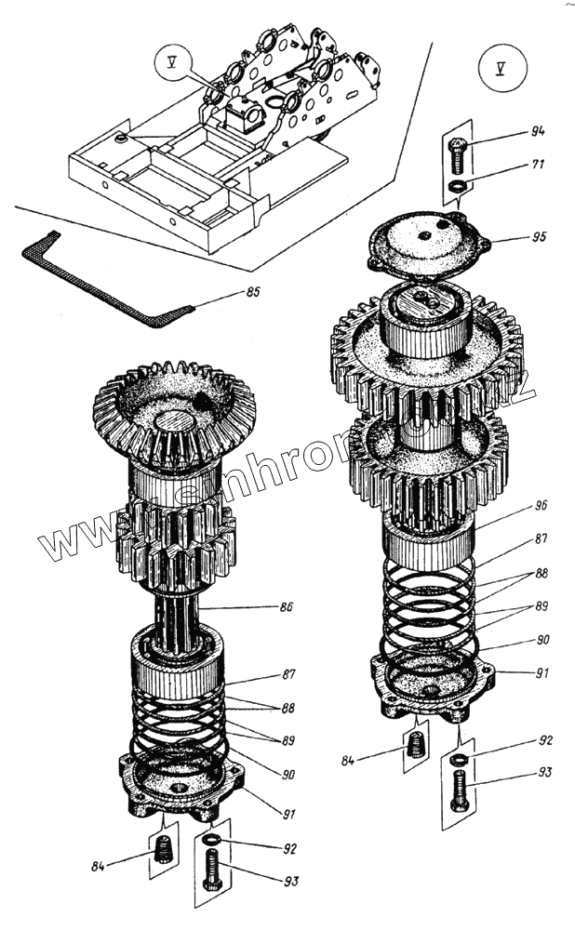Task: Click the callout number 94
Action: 537,131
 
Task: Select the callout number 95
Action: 538,237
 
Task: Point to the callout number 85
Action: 252,293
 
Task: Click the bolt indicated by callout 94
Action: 457,153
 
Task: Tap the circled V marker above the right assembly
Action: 497,67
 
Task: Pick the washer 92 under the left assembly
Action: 213,840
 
